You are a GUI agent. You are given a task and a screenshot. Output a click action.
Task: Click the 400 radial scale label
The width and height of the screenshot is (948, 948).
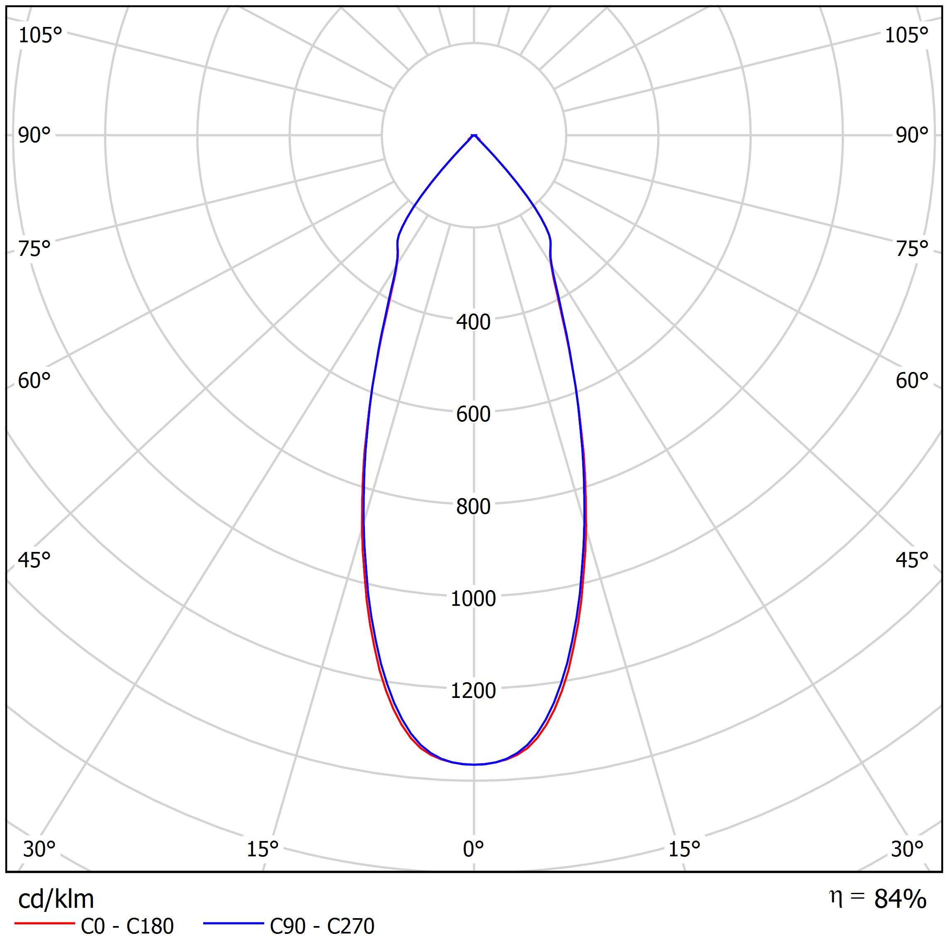473,322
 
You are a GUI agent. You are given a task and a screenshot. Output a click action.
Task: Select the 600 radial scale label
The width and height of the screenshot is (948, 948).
473,414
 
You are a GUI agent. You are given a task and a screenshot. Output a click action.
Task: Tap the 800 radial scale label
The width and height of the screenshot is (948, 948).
473,506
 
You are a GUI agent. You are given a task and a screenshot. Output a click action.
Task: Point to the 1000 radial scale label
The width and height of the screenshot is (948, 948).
473,599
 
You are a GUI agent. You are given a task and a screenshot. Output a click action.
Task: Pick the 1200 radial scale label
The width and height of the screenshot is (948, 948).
473,691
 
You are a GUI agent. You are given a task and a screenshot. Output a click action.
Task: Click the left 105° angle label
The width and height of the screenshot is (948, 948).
40,35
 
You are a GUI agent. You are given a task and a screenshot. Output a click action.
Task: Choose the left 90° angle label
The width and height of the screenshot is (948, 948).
34,136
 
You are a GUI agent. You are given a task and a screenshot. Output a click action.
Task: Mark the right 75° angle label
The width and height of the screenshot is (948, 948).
912,249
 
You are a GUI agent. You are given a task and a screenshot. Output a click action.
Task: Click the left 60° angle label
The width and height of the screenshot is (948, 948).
34,381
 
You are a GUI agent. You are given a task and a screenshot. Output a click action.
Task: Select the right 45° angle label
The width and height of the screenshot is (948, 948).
912,560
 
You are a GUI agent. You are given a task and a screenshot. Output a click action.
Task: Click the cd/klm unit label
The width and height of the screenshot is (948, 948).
56,899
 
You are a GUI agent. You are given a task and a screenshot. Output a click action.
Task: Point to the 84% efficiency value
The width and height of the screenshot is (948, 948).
900,899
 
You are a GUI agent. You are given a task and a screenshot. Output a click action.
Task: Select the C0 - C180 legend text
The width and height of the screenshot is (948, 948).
127,926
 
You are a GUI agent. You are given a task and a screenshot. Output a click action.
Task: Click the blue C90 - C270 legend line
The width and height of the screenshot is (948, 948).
233,924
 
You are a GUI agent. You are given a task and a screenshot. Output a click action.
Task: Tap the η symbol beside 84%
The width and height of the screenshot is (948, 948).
835,897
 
